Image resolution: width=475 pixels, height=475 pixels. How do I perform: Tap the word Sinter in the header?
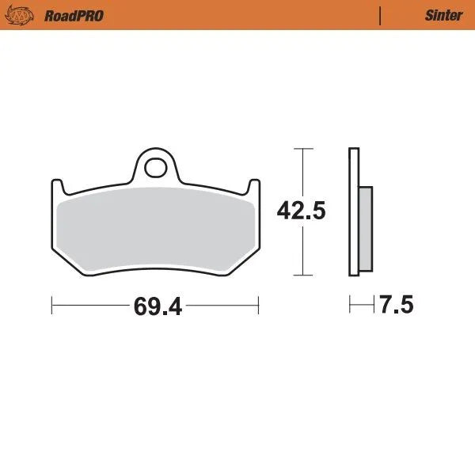(x=443, y=16)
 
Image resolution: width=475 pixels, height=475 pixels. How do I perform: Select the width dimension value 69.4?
(x=158, y=306)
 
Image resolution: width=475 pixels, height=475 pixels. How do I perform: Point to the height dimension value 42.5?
(x=301, y=211)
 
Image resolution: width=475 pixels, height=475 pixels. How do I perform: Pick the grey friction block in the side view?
(x=365, y=229)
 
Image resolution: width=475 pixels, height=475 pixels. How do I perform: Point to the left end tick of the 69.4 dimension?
(x=52, y=305)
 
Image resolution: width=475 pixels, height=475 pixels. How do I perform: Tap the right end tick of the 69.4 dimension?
(x=259, y=305)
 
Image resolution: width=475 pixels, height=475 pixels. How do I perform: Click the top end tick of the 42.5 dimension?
(x=301, y=148)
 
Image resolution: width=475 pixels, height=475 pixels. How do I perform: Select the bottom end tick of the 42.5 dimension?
(x=301, y=275)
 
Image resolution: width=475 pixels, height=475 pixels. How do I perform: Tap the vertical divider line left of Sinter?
(x=381, y=15)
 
